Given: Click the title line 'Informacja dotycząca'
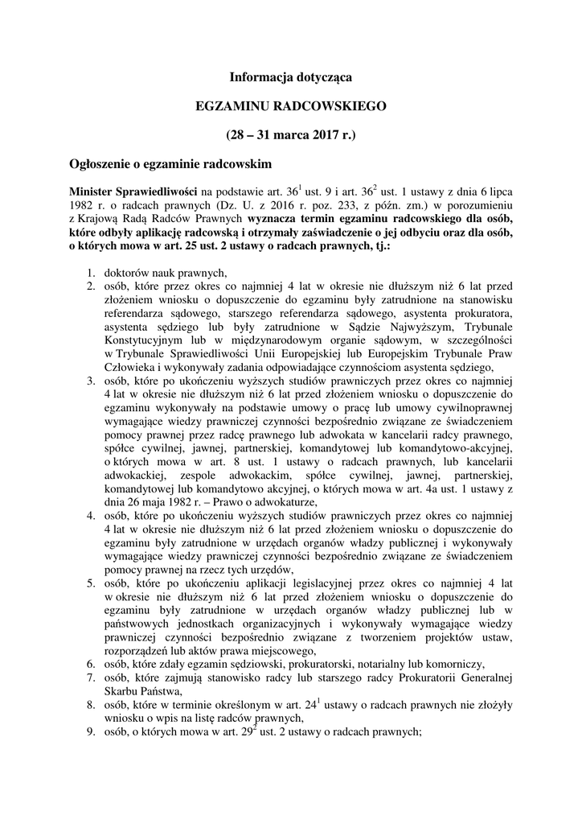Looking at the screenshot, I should [x=290, y=77].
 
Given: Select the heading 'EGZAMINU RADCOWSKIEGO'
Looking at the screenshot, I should [x=291, y=105].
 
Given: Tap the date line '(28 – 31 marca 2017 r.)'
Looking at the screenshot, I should [x=290, y=134].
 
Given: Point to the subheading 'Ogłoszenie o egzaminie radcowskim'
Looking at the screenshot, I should [x=170, y=163].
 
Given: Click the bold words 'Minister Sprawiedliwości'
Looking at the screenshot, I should [x=133, y=193].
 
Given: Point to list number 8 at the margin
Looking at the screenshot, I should [x=91, y=704].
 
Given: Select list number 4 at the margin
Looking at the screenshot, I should [x=91, y=516].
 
